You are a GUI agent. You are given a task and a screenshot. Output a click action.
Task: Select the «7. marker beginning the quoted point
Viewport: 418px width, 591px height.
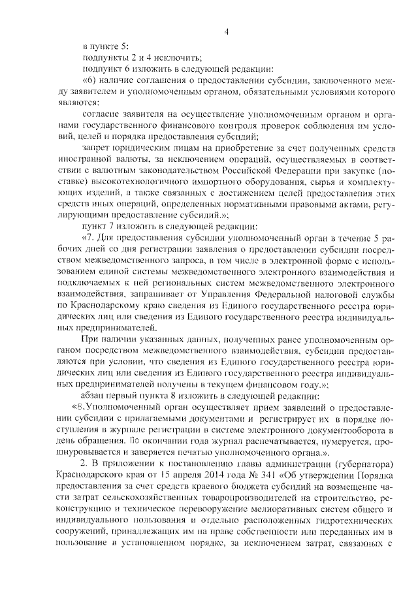(x=88, y=238)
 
